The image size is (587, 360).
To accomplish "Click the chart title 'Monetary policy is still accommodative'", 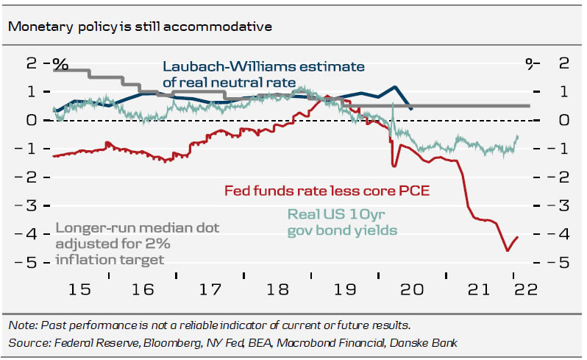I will click(x=140, y=27).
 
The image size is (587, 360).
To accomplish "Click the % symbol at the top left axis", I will click(x=60, y=64).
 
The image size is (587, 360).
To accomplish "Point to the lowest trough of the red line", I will click(x=507, y=251).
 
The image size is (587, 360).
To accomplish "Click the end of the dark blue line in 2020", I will click(x=410, y=109).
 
